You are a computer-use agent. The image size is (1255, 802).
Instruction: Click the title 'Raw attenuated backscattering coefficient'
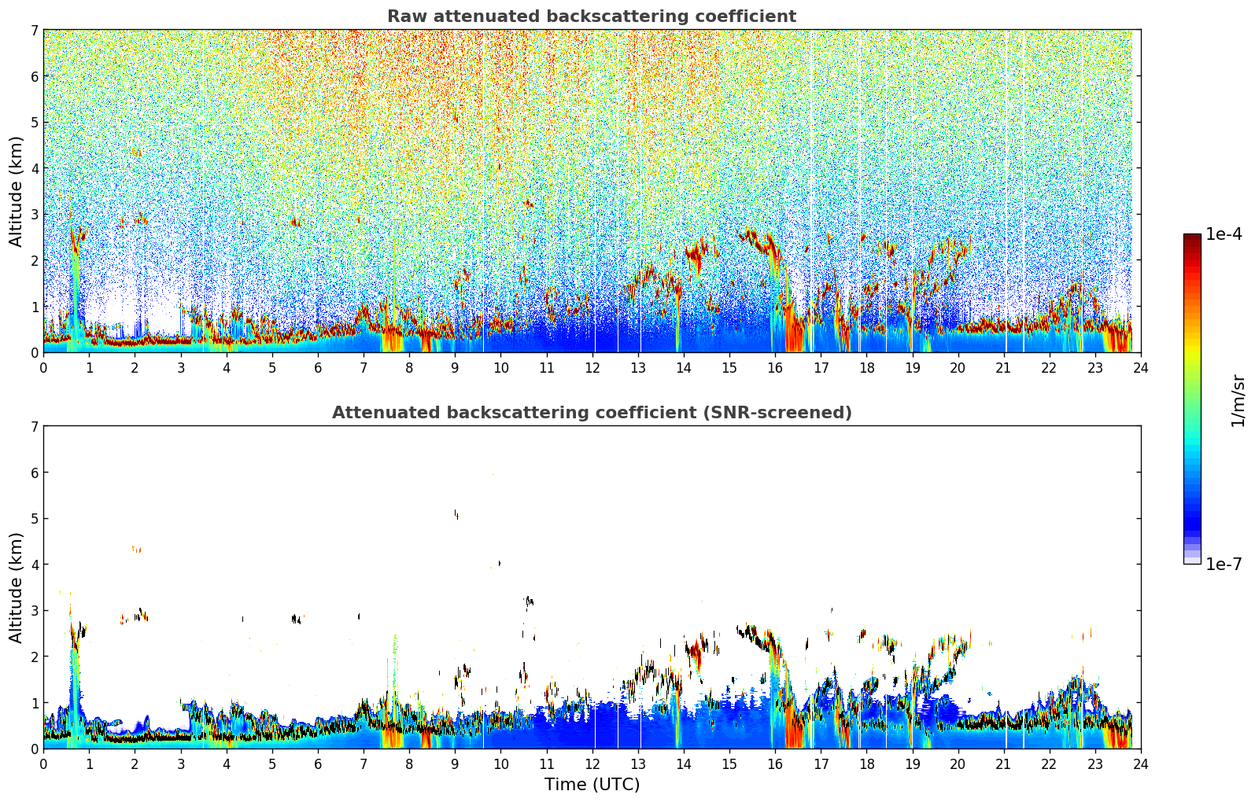point(591,17)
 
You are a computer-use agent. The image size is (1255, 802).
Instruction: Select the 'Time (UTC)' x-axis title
point(592,784)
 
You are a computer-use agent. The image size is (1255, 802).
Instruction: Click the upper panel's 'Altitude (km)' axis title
point(16,191)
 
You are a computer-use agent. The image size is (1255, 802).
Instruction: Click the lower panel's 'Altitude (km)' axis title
point(16,587)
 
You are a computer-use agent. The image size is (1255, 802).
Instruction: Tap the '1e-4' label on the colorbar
point(1224,234)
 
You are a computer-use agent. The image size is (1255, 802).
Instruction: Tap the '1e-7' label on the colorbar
point(1224,564)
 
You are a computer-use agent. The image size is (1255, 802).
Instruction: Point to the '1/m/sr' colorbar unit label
point(1238,401)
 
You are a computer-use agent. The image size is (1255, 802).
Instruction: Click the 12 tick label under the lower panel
point(592,764)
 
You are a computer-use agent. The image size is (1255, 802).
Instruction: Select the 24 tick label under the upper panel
point(1140,368)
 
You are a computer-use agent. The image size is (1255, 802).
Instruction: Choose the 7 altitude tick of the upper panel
point(34,30)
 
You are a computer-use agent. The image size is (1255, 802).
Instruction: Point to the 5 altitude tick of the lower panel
point(34,518)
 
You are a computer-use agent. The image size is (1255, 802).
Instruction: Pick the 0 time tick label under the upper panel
point(43,368)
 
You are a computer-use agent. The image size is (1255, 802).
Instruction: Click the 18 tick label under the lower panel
point(866,764)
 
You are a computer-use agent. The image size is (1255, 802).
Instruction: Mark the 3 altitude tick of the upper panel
point(34,214)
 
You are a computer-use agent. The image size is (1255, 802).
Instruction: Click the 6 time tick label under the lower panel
point(318,764)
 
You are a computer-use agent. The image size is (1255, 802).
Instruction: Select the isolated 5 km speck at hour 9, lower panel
point(456,514)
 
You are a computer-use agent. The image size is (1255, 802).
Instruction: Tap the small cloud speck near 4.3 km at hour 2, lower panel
point(137,549)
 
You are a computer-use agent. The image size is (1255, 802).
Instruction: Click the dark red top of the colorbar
point(1191,237)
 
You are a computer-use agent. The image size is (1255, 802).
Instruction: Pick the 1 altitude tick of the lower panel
point(34,702)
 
